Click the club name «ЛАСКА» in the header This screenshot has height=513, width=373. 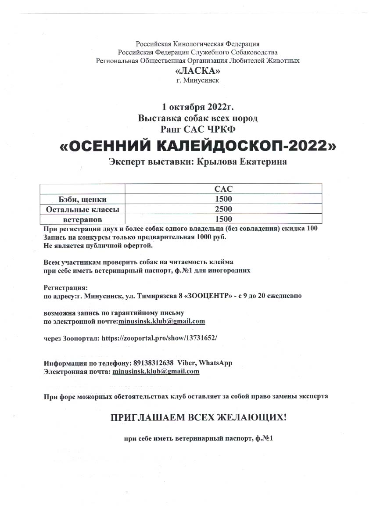[197, 71]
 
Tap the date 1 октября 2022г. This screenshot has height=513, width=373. [197, 107]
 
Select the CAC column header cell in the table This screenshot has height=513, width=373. [223, 189]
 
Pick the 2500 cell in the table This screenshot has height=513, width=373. [223, 209]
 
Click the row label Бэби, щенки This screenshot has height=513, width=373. [82, 199]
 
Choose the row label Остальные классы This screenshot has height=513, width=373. [82, 209]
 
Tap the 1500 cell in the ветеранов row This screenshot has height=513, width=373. [223, 219]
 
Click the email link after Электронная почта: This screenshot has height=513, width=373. [156, 371]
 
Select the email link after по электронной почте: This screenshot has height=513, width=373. [161, 321]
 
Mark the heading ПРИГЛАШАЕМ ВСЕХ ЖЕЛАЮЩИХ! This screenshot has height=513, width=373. [198, 417]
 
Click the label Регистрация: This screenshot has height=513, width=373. [63, 287]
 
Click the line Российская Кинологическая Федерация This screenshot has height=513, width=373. [197, 44]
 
